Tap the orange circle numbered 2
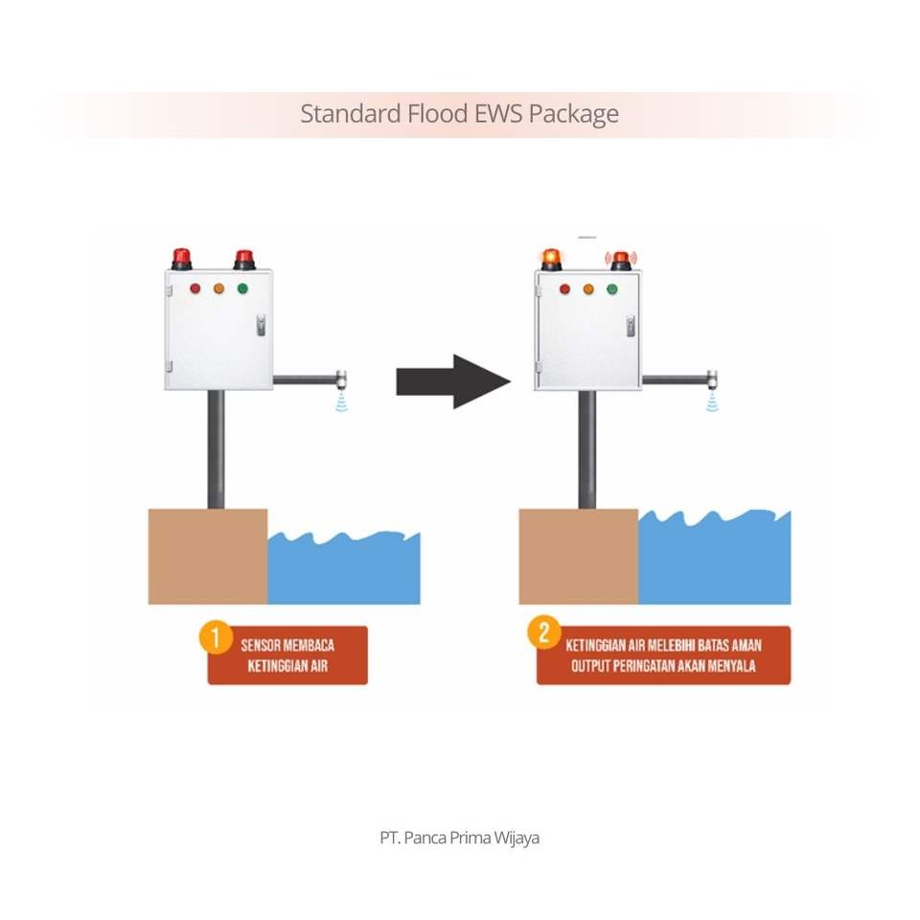(545, 633)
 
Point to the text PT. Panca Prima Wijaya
(459, 838)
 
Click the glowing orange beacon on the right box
(551, 259)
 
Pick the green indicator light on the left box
(242, 287)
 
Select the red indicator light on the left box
(195, 287)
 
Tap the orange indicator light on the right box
(588, 288)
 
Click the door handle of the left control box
(258, 325)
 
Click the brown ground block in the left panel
(208, 556)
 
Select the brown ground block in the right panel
(579, 556)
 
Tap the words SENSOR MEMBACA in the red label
(287, 645)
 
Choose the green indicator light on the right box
(611, 288)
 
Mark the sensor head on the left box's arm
(341, 379)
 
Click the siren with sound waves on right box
(621, 259)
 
